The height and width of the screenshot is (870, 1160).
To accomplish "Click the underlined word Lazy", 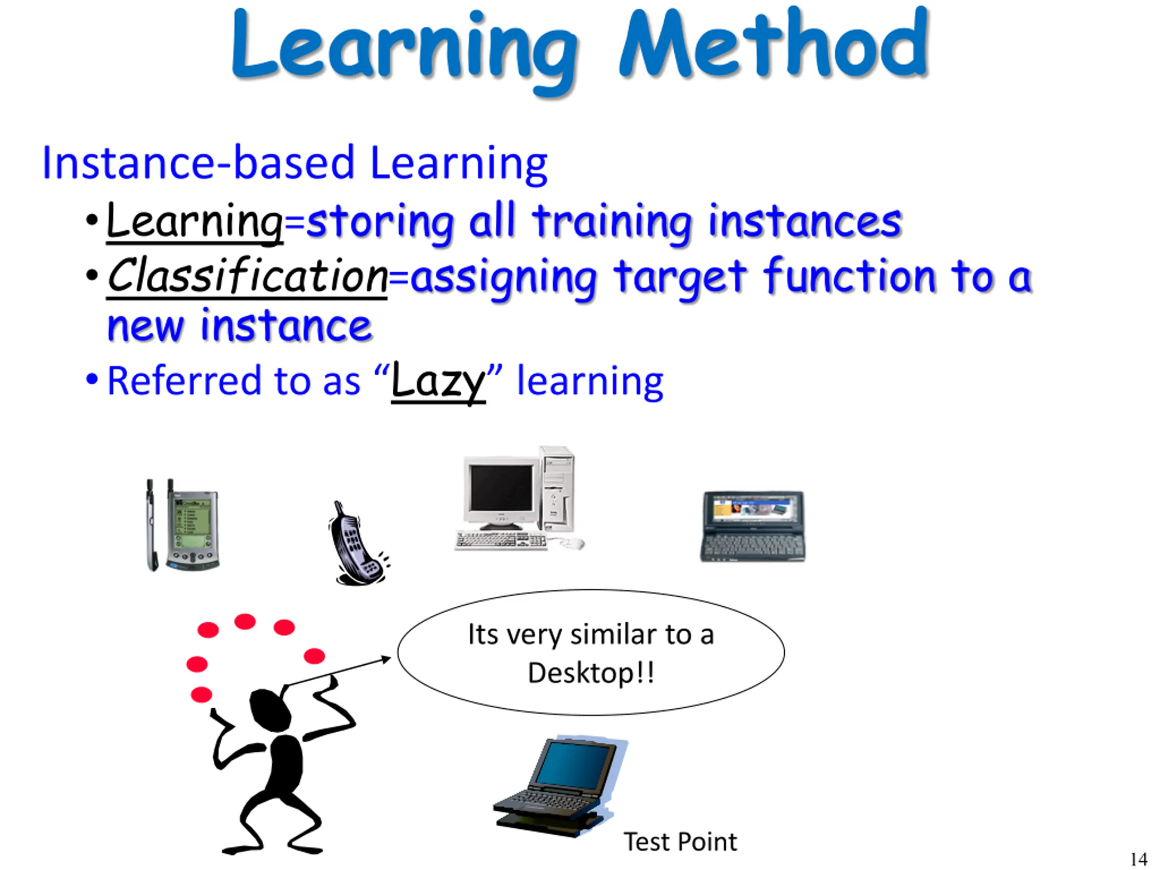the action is coord(439,382).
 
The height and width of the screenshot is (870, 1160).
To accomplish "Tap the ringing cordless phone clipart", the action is coord(358,543).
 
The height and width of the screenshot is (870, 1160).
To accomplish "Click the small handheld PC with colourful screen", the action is coord(753,527).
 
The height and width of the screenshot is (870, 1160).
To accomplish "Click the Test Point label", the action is coord(680,842).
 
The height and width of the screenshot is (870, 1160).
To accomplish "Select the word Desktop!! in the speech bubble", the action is coord(591,673).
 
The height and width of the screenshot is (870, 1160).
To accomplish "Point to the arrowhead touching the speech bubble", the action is coord(387,659).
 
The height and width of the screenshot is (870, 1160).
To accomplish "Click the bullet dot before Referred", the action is coord(92,379).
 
